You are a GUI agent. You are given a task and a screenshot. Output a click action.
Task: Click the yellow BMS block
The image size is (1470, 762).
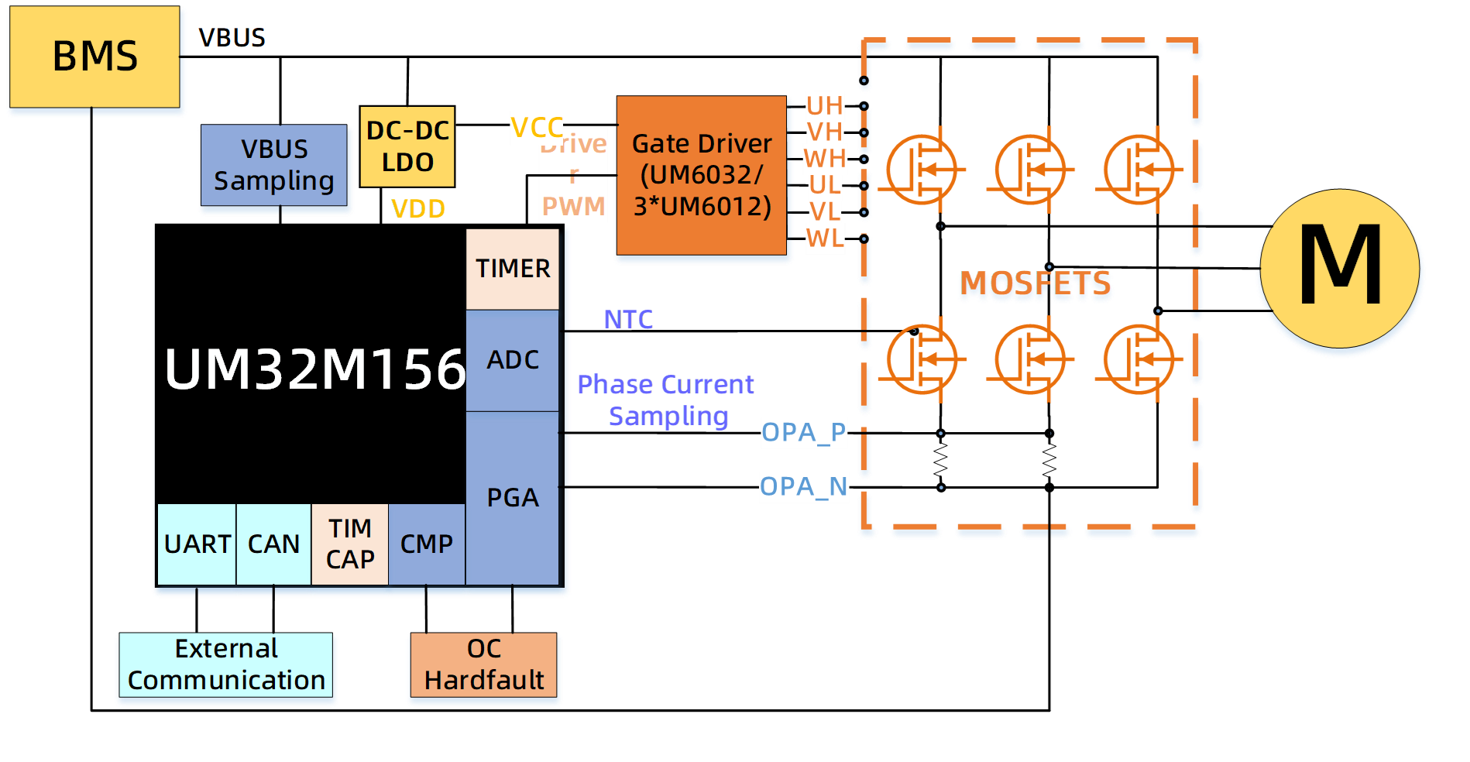click(94, 57)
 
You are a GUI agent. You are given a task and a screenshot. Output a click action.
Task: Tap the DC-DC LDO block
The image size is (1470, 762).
click(407, 146)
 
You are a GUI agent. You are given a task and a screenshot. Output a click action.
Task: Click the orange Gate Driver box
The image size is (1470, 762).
click(701, 175)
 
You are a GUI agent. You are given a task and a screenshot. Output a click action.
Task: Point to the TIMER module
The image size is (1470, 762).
click(513, 269)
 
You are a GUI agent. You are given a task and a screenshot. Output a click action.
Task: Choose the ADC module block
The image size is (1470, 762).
click(513, 360)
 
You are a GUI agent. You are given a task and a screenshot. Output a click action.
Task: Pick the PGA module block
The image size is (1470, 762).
click(513, 497)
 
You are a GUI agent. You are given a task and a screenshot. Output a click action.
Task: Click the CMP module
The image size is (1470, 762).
click(426, 544)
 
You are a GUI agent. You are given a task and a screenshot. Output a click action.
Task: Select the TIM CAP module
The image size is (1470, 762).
click(350, 544)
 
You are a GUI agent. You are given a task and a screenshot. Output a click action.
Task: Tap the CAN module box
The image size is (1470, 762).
click(273, 544)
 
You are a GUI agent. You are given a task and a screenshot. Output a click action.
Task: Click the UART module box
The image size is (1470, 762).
click(197, 544)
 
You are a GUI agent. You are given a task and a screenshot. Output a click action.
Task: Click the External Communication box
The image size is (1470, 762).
click(226, 665)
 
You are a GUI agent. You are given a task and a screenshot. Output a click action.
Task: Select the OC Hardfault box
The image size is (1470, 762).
click(484, 665)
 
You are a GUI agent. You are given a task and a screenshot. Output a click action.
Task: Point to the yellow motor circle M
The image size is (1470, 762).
click(1340, 267)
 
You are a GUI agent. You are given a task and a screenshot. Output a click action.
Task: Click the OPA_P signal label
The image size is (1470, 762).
click(804, 432)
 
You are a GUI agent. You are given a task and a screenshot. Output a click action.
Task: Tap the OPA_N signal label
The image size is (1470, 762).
click(804, 486)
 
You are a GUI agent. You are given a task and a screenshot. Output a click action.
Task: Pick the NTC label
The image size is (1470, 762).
click(628, 319)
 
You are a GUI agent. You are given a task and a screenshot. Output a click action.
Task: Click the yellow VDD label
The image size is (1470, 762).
click(418, 209)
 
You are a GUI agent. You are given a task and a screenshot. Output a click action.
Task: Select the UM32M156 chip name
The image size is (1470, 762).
click(314, 369)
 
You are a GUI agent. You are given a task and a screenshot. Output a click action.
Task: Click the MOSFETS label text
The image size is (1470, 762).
click(1036, 284)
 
